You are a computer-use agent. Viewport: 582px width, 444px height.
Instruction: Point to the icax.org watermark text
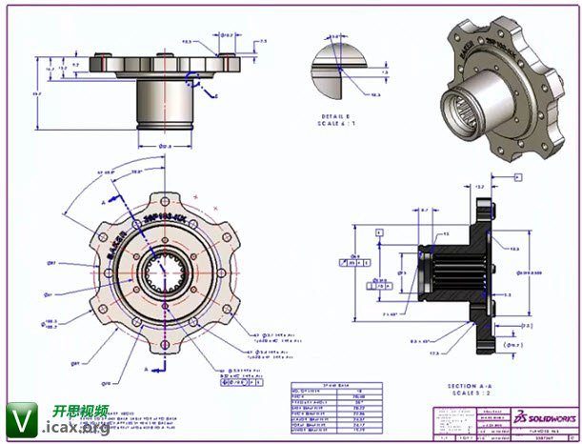(76, 430)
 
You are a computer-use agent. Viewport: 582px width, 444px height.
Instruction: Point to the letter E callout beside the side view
(216, 96)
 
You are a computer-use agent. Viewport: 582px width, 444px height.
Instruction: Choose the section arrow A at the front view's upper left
(103, 202)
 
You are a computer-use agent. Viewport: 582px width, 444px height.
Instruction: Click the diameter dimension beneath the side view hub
(165, 146)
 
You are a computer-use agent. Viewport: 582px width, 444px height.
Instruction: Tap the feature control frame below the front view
(237, 373)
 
